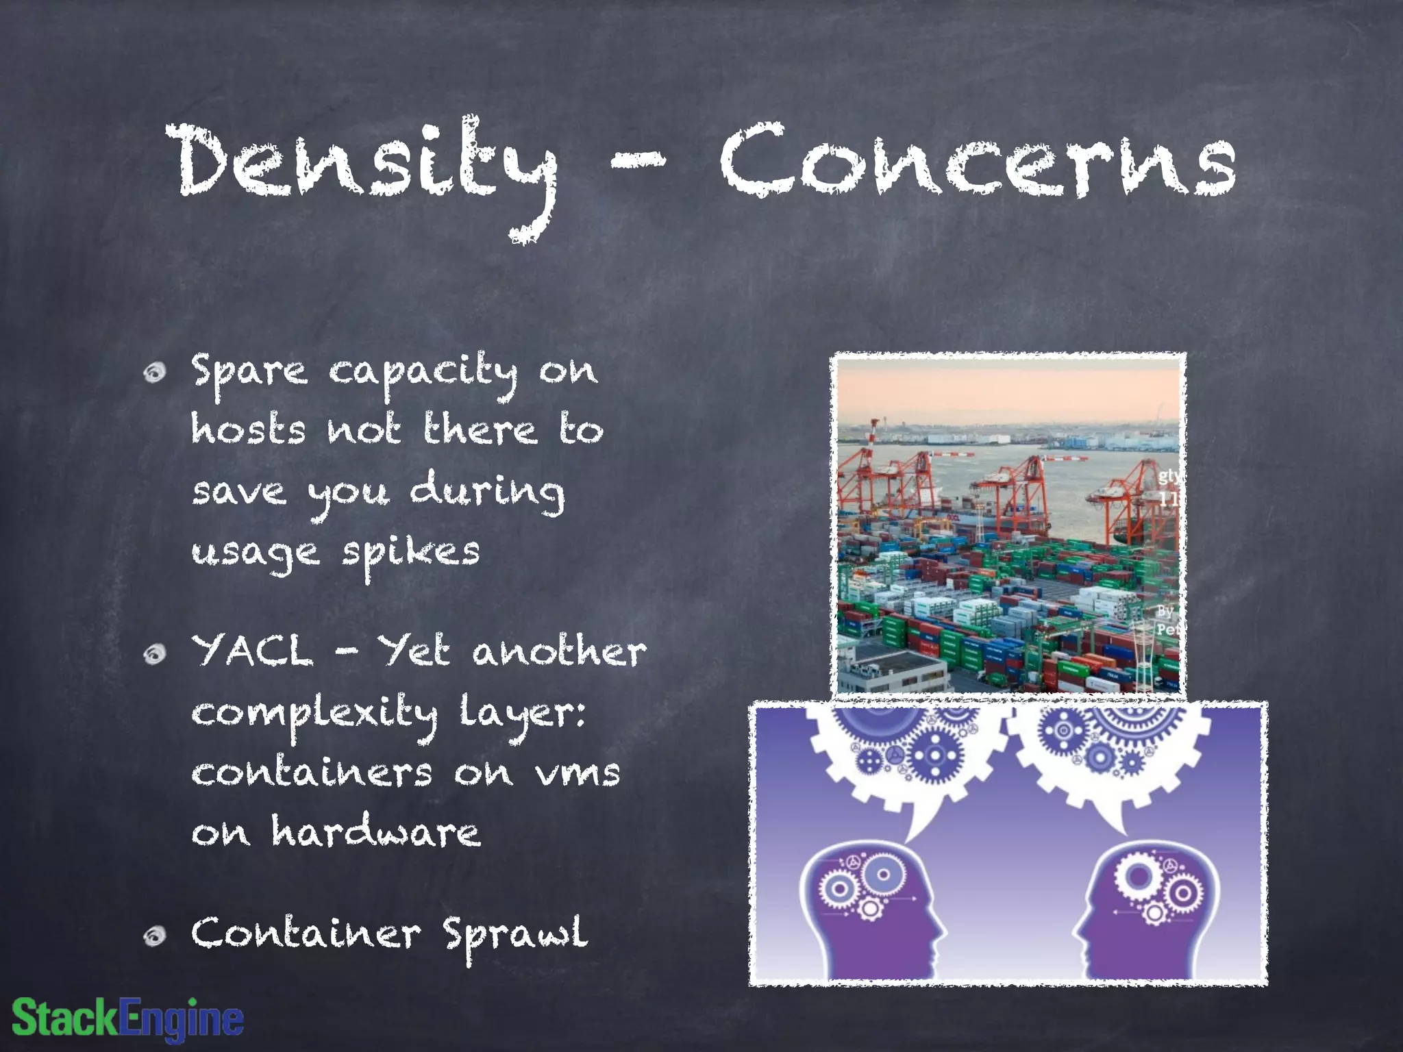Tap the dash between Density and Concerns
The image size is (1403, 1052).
point(637,160)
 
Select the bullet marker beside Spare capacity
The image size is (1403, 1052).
point(156,372)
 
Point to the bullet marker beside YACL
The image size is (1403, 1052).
point(156,653)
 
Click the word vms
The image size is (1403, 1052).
point(577,774)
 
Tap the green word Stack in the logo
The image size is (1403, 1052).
point(65,1018)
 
